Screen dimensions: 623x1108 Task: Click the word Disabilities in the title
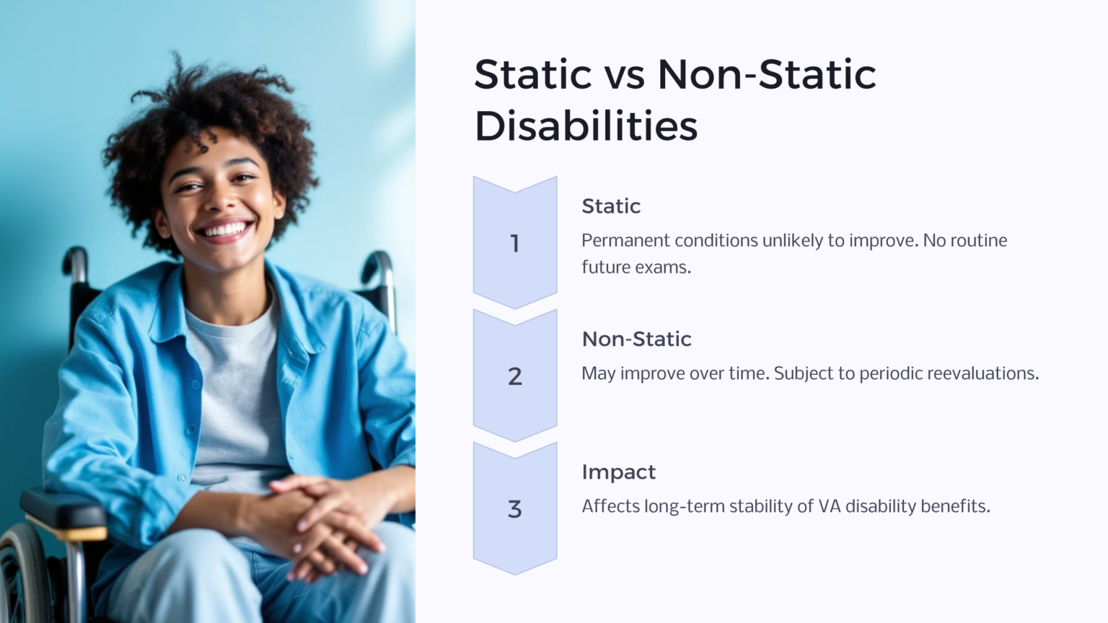pos(586,126)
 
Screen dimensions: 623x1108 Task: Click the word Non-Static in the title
pos(766,74)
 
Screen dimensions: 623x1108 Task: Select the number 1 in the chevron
pos(514,244)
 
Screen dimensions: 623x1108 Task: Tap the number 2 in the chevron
pos(514,376)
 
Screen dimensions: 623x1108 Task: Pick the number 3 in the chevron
pos(514,509)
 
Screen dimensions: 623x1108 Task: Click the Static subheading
pos(610,206)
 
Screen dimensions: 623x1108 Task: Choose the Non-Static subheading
pos(636,339)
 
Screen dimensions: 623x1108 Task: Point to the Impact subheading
pos(618,472)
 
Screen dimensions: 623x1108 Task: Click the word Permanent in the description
pos(625,241)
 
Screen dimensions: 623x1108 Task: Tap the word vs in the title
pos(624,74)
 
